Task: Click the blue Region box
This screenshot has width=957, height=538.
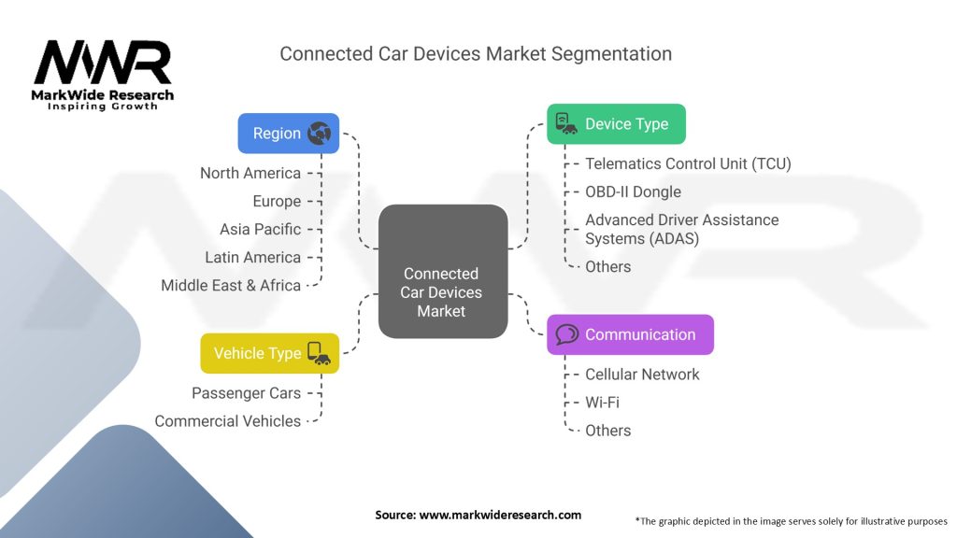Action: tap(288, 133)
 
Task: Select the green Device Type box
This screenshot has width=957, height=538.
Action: tap(616, 123)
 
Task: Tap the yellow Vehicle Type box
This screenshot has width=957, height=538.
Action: tap(269, 353)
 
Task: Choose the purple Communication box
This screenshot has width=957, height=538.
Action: tap(630, 334)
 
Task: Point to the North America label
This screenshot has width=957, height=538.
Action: tap(250, 173)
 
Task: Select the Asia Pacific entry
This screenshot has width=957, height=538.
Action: tap(260, 229)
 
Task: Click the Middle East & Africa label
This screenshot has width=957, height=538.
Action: tap(231, 285)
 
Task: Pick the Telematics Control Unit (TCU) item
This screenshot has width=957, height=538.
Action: tap(688, 163)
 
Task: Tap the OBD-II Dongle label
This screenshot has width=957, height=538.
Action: tap(633, 191)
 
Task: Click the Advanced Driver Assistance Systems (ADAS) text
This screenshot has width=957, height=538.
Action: tap(681, 229)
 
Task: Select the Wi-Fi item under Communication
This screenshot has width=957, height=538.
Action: tap(602, 403)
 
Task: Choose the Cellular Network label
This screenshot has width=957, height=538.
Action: tap(642, 375)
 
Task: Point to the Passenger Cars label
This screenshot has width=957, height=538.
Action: tap(246, 393)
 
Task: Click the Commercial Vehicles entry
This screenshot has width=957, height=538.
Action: tap(227, 421)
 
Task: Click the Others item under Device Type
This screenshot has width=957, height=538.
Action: tap(607, 266)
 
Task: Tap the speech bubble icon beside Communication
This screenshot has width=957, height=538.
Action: tap(567, 334)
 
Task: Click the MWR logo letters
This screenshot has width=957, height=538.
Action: tap(103, 64)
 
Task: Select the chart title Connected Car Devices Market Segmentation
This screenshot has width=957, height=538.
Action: tap(476, 53)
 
